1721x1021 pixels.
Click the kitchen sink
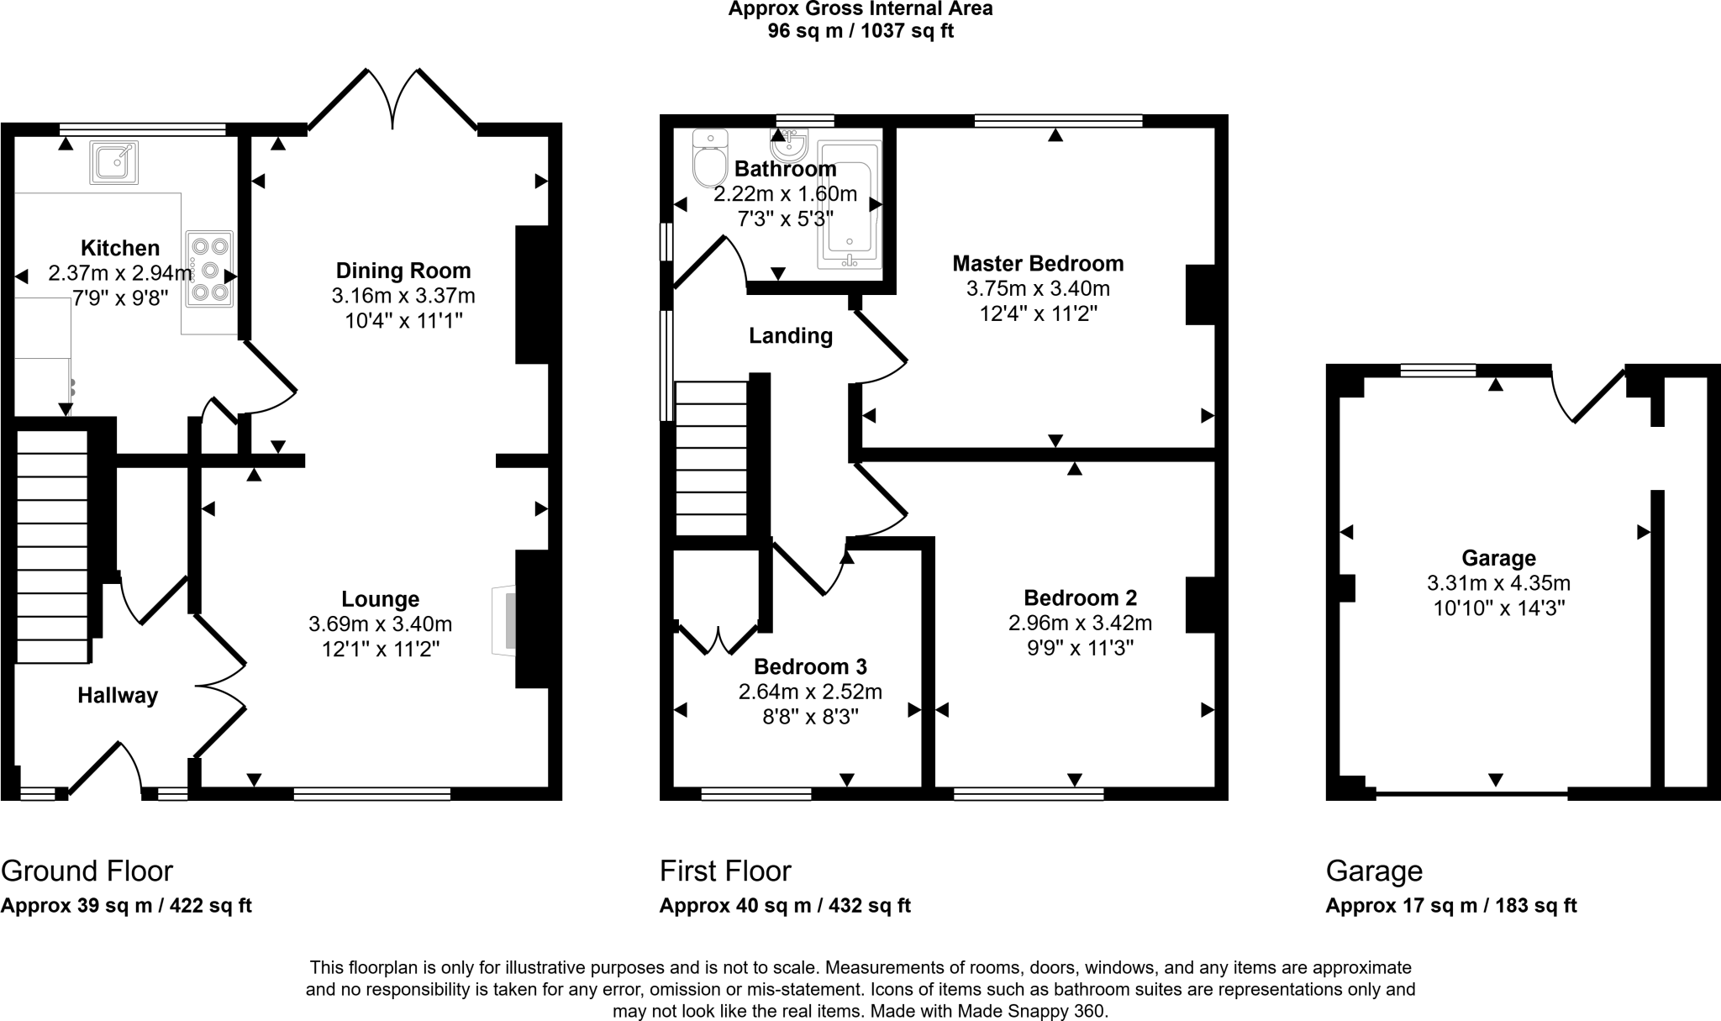click(113, 162)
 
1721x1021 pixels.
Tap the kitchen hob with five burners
click(209, 269)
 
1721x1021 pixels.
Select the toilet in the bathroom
click(710, 158)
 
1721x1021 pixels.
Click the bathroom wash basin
click(789, 144)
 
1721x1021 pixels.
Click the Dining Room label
click(403, 271)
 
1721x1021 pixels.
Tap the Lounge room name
click(381, 599)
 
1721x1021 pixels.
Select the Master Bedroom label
click(1038, 264)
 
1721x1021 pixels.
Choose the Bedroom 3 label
click(810, 666)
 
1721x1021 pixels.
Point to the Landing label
click(791, 336)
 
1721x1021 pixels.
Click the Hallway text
click(118, 696)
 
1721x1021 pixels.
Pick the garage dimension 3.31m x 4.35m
click(1498, 583)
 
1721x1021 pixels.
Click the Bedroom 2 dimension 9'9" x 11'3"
click(1080, 648)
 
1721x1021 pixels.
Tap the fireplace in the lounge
click(503, 620)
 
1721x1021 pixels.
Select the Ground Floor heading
click(87, 871)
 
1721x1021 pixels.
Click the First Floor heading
click(725, 871)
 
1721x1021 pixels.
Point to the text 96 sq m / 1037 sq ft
click(860, 32)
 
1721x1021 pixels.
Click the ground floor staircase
click(52, 547)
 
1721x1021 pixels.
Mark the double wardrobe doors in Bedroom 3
click(718, 639)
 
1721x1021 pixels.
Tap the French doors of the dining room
click(392, 99)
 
